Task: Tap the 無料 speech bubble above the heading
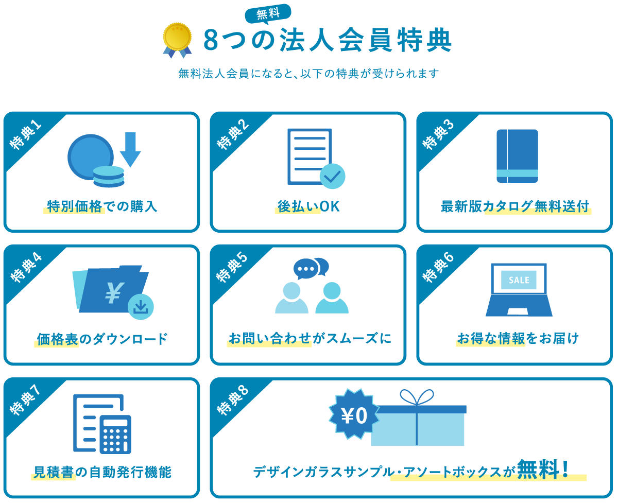(x=268, y=13)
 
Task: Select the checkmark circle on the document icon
(x=332, y=176)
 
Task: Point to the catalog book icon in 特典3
(x=517, y=155)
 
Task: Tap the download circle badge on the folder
(x=141, y=306)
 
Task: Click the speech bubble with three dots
(x=306, y=269)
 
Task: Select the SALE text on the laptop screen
(x=519, y=280)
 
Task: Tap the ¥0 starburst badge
(x=354, y=415)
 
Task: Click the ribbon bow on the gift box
(x=417, y=397)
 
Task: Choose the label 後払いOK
(x=308, y=206)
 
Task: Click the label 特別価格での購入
(x=102, y=206)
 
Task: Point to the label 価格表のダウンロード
(x=102, y=339)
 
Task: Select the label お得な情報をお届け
(x=518, y=338)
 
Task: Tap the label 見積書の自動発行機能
(x=102, y=472)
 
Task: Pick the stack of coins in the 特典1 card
(x=109, y=176)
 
